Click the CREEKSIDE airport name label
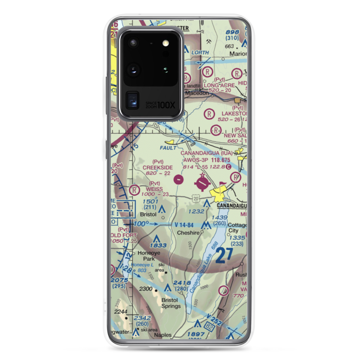click(157, 167)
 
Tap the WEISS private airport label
click(154, 189)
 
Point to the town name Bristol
click(148, 214)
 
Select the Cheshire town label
click(188, 233)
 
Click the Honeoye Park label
click(146, 256)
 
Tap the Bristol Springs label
click(171, 303)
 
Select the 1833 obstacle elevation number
click(158, 246)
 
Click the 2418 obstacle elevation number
click(182, 283)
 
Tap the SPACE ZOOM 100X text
click(161, 105)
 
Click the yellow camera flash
click(166, 43)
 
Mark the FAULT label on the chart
click(168, 148)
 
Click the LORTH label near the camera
click(200, 53)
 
